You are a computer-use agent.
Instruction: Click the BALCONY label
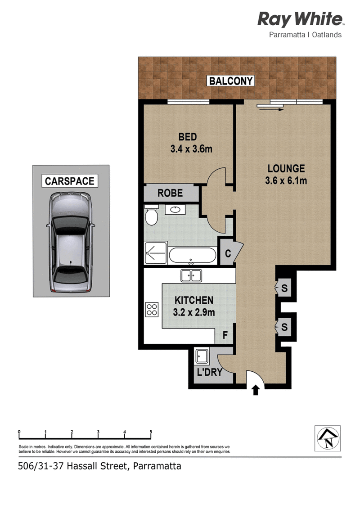230,81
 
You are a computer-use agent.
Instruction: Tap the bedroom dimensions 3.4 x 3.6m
191,149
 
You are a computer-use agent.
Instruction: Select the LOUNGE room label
286,168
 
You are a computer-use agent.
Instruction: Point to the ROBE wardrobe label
170,193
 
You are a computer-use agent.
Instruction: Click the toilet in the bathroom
151,215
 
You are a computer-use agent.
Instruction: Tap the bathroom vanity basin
175,209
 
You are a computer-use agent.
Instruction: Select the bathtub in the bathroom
193,256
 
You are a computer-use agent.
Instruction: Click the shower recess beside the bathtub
156,252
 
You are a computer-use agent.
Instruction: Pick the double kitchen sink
191,275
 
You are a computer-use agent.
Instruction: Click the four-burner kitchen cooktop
152,309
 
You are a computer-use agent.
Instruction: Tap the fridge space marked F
225,335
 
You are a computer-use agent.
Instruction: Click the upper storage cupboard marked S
283,288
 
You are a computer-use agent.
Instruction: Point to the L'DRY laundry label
210,372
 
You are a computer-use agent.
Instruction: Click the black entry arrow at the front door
256,390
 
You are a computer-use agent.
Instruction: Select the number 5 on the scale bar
151,432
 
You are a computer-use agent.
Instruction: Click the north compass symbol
328,438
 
